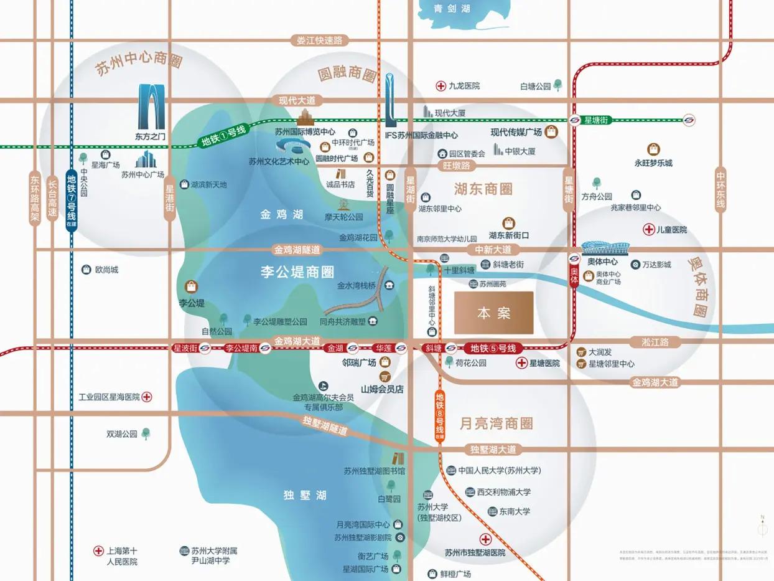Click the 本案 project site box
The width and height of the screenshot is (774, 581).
coord(493,313)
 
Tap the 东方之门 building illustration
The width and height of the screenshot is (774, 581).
coord(151,107)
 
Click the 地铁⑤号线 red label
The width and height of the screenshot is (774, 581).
coord(493,347)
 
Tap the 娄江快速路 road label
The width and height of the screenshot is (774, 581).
coord(320,40)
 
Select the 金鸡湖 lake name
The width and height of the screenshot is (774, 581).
coord(281,214)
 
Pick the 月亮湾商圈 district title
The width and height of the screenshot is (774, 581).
coord(496,424)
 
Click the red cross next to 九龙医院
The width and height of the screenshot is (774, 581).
coord(441,86)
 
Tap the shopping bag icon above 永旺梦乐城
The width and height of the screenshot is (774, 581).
coord(653,149)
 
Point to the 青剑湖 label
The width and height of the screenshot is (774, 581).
coord(452,9)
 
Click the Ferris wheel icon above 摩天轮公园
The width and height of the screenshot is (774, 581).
coord(343,204)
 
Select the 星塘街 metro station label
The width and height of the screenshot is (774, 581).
coord(599,120)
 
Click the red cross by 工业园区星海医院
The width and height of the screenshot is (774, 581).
coord(147,397)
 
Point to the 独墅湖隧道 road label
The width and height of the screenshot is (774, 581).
coord(325,425)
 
